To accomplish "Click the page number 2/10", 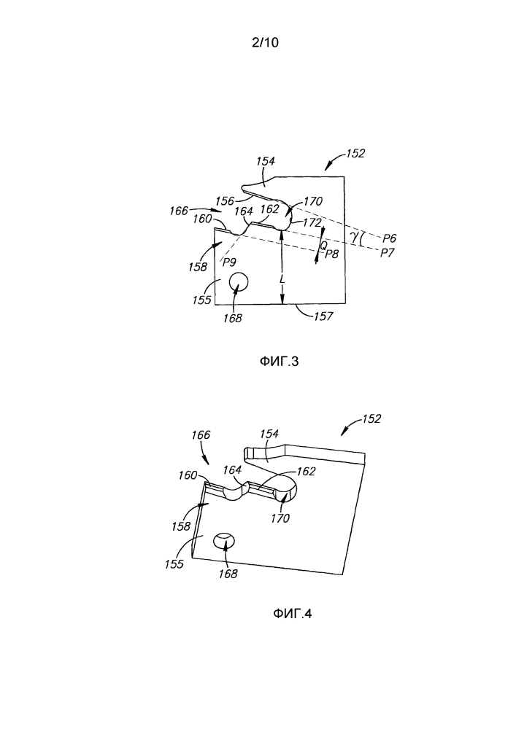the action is click(265, 42).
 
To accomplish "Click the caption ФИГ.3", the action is click(280, 361).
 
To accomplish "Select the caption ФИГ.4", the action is click(292, 614).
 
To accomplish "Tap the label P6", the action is click(389, 238).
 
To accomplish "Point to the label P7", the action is click(388, 253).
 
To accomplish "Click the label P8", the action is click(331, 254).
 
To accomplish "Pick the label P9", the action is click(229, 262).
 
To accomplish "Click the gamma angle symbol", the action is click(355, 237).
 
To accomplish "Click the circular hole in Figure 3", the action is click(239, 281).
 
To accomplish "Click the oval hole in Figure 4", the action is click(224, 541).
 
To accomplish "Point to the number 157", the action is click(323, 316).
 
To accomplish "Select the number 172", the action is click(312, 222).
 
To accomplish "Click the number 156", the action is click(224, 201).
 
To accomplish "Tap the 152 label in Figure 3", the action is click(355, 153).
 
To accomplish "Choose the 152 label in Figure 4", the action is click(371, 419).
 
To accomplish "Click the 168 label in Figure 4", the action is click(228, 574).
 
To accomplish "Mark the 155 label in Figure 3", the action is click(202, 300).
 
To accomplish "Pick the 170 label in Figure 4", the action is click(280, 518).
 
